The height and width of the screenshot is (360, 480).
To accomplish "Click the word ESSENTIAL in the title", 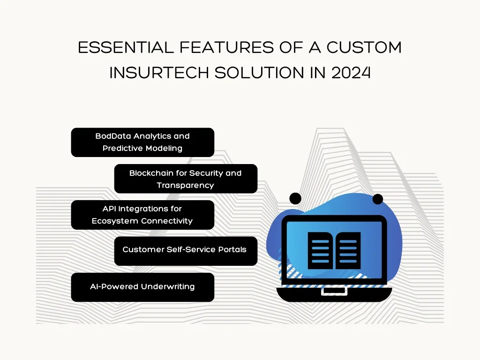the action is click(x=126, y=48).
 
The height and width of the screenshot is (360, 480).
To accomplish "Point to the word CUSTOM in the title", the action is click(x=364, y=48).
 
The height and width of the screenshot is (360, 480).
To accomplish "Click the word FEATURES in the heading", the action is click(x=226, y=48).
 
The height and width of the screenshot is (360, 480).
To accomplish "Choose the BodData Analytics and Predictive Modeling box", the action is click(x=142, y=142).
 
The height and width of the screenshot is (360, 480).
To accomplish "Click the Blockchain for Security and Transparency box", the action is click(x=186, y=179).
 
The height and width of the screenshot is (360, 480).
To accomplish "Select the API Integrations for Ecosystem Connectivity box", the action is click(x=142, y=215).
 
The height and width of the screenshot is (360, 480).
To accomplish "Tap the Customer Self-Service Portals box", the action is click(x=186, y=251).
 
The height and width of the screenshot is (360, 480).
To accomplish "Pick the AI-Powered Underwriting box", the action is click(x=142, y=287).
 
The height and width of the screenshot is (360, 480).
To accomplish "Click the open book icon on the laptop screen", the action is click(x=334, y=251).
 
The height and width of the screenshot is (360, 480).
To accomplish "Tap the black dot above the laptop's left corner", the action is click(x=295, y=199).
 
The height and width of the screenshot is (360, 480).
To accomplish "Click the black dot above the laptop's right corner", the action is click(x=378, y=199).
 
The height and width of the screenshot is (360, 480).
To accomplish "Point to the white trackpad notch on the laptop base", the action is click(x=334, y=291).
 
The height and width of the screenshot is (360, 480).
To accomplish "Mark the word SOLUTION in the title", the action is click(x=259, y=73).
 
